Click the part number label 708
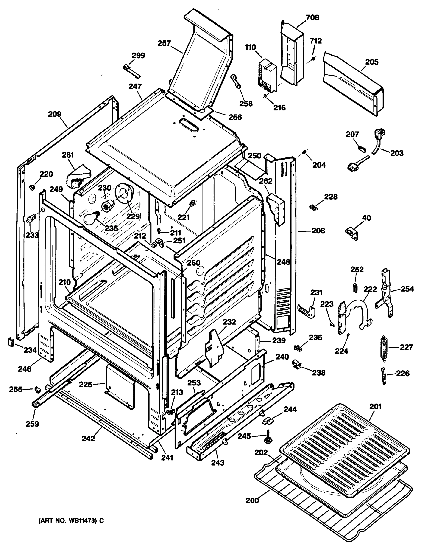[312, 18]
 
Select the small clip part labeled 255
[38, 390]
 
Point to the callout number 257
[164, 43]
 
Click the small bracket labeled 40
[352, 233]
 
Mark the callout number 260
[193, 263]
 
